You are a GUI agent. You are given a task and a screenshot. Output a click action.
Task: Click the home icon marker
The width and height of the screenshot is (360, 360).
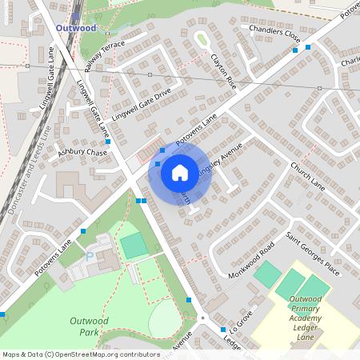[x=180, y=172]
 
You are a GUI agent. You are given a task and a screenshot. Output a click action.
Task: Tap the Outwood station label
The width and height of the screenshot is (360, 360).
[x=76, y=28]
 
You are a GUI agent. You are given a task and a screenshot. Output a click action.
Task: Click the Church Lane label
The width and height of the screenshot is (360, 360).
[x=307, y=176]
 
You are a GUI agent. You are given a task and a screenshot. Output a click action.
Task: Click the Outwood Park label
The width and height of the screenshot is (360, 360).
[x=89, y=326]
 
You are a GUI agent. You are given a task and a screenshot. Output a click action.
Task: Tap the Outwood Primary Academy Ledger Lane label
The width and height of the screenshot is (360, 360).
[x=310, y=318]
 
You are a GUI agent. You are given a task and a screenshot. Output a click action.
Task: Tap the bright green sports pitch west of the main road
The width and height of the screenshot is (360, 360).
[x=134, y=243]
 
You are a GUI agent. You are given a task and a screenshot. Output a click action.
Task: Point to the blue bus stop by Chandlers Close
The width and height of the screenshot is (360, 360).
[x=295, y=50]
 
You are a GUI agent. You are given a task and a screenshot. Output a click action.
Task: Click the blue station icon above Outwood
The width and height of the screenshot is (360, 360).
[x=76, y=15]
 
